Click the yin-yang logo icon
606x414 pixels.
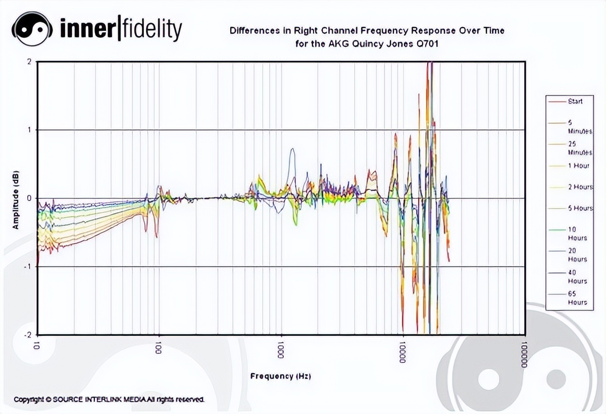(31, 29)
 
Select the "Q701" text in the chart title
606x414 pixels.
(427, 44)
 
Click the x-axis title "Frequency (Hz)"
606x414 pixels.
(281, 376)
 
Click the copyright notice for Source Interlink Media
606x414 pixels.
(109, 399)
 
